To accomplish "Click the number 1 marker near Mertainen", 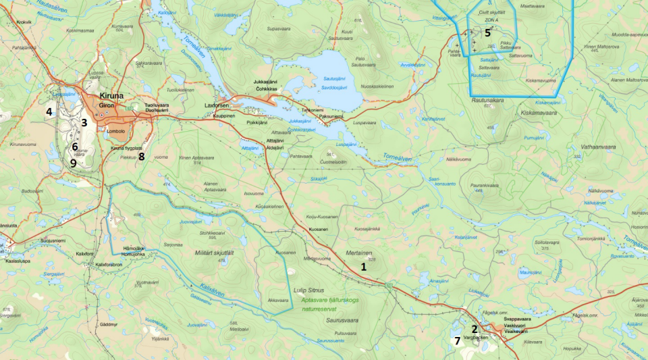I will pyautogui.click(x=364, y=267).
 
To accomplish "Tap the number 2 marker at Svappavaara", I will pyautogui.click(x=475, y=330).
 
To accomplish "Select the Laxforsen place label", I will pyautogui.click(x=218, y=106).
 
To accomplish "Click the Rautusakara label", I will pyautogui.click(x=488, y=100).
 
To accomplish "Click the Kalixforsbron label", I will pyautogui.click(x=108, y=265).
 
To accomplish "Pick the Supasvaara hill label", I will pyautogui.click(x=279, y=29).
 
